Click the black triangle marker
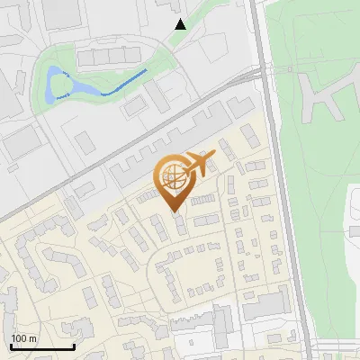pos(180,24)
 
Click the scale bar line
pos(42,347)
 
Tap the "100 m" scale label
pos(24,338)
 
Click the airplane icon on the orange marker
pos(200,164)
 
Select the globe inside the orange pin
pos(173,176)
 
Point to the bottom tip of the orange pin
pos(175,212)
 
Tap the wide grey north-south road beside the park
pos(277,180)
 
